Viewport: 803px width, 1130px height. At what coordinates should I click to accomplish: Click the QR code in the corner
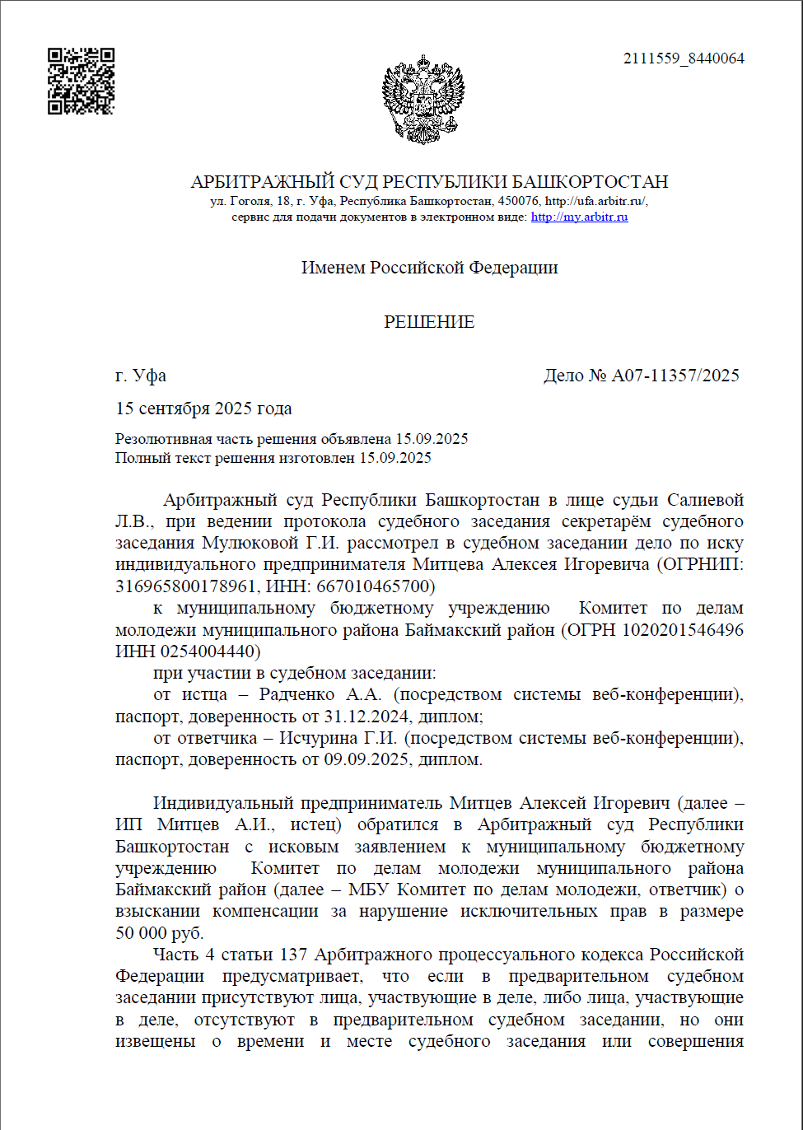[x=81, y=81]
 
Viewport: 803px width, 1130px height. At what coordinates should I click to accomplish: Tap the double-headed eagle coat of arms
[x=423, y=99]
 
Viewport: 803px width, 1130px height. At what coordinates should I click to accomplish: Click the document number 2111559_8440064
[x=684, y=58]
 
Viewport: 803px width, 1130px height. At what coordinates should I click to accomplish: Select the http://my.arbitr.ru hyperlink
[x=579, y=217]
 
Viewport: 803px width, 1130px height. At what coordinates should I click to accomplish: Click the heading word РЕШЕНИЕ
[x=429, y=322]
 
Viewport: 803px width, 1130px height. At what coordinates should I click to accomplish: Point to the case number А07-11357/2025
[x=675, y=376]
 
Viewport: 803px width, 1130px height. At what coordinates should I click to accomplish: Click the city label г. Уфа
[x=141, y=376]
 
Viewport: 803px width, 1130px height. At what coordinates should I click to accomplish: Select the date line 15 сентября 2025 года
[x=203, y=409]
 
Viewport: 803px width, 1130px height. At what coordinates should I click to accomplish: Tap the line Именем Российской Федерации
[x=429, y=268]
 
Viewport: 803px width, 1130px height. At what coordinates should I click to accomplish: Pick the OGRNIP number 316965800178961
[x=188, y=586]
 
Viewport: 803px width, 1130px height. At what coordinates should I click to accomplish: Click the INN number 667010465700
[x=382, y=586]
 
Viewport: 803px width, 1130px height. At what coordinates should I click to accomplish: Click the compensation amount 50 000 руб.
[x=159, y=933]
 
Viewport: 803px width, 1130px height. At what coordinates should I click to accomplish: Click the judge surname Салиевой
[x=705, y=500]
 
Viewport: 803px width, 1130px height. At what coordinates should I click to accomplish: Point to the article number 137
[x=293, y=955]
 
